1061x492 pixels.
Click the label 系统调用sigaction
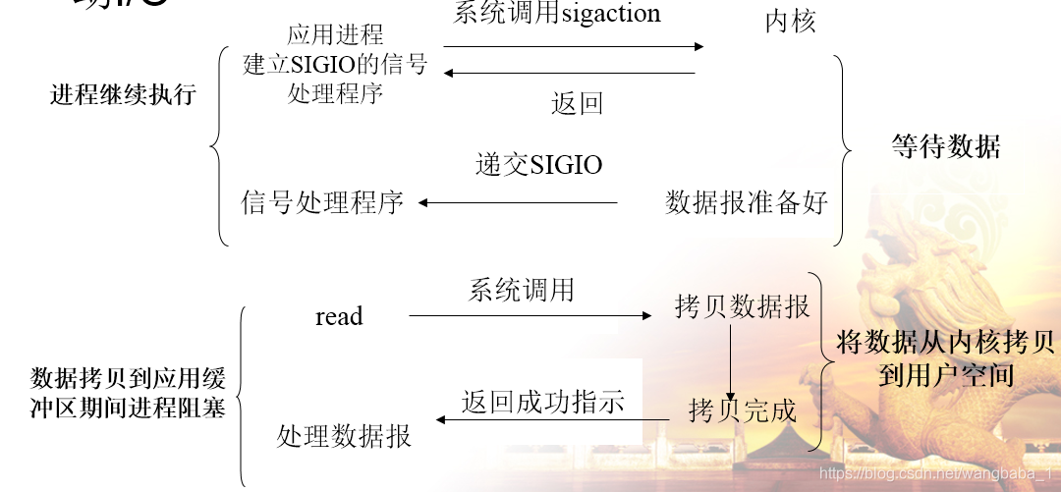tap(557, 14)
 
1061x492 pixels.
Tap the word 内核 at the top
tap(790, 22)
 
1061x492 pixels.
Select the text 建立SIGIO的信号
tap(335, 65)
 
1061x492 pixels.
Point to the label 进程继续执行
tap(123, 95)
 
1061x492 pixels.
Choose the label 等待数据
tap(946, 147)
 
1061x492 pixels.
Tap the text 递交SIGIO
tap(538, 165)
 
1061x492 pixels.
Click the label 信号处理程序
tap(322, 203)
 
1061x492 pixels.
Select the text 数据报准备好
tap(747, 203)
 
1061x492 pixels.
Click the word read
tap(339, 316)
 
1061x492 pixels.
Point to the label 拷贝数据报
tap(742, 306)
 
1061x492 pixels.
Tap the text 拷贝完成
tap(742, 410)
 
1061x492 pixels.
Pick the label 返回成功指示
tap(543, 403)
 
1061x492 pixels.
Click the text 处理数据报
tap(344, 435)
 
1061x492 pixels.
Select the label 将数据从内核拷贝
tap(945, 343)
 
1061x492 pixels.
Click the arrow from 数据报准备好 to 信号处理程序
tap(518, 203)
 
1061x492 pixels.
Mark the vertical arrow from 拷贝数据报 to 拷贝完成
tap(731, 358)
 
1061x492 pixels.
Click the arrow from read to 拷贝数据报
tap(530, 316)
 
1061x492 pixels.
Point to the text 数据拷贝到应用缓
tap(128, 378)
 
